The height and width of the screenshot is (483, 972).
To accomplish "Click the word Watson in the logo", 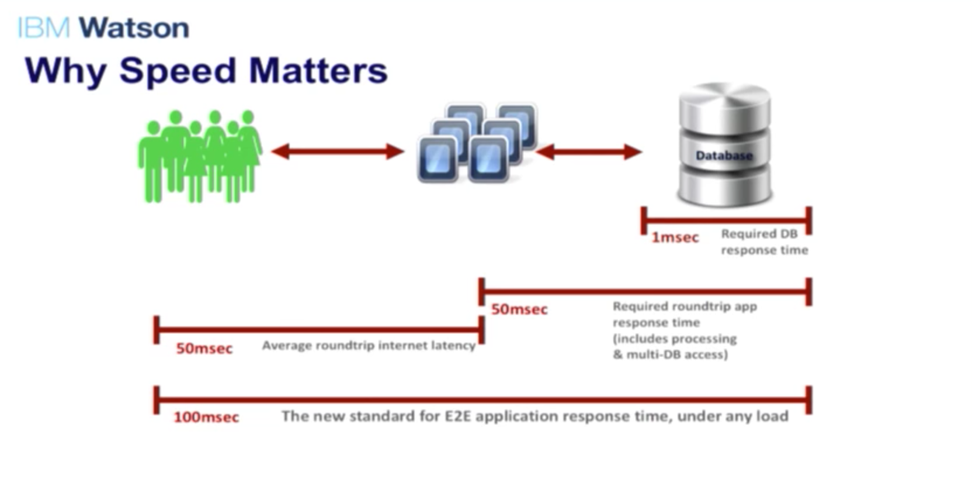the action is point(134,28).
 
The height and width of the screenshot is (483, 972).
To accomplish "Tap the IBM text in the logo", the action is point(43,28).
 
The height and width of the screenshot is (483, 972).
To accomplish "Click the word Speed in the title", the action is point(178,72).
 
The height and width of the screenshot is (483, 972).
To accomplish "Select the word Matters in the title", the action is point(318,70).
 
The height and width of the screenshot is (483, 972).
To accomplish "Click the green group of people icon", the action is point(200,156).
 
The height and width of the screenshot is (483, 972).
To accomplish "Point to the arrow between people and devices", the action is point(338,151).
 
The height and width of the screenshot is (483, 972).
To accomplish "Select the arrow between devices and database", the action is point(589,152).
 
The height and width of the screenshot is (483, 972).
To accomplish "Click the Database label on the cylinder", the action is point(724,156).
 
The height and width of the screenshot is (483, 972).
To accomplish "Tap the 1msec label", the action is point(675,237).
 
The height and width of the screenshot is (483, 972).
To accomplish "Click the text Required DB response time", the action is point(764,242).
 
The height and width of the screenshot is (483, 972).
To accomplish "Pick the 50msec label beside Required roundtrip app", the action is point(519,310).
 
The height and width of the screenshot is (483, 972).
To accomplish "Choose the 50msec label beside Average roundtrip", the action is point(204,349).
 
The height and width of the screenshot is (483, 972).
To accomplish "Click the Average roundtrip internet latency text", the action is point(369,346).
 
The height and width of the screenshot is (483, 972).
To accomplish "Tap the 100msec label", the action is point(206,418).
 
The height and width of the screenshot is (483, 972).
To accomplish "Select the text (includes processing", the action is point(675,339).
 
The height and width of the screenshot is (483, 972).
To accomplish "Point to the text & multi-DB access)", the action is point(671,355).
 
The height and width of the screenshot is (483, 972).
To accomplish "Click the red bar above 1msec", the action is point(726,220).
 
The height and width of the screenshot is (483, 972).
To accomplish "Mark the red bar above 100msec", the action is point(482,399).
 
